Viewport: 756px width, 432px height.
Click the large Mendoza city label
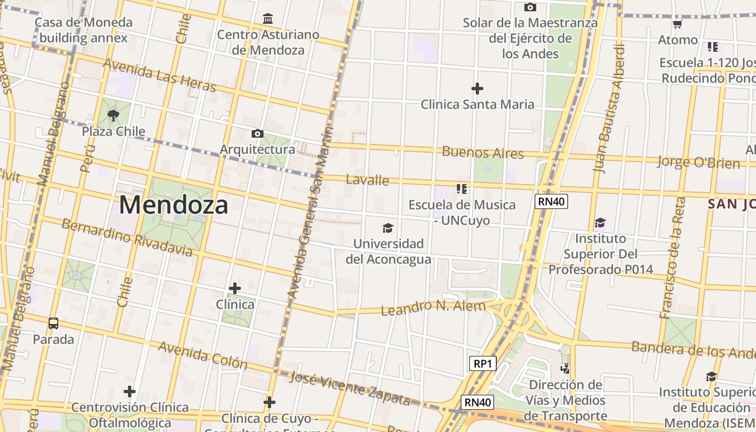pos(173,205)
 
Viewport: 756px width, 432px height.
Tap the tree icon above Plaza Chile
pos(113,115)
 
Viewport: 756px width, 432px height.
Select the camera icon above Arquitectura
pos(258,133)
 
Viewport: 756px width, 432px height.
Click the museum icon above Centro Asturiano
pos(268,19)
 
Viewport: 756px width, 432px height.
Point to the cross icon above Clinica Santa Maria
pos(477,88)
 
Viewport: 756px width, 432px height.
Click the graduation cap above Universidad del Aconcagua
pos(388,228)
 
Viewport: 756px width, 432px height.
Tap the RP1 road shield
pos(482,363)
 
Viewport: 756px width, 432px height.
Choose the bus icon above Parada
pos(53,323)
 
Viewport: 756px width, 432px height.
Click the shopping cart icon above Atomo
pos(678,24)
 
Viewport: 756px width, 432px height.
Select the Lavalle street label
pos(367,180)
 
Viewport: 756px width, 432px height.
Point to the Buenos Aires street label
pos(483,153)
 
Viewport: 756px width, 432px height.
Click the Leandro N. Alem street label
pos(434,307)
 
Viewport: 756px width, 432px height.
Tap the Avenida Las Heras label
pos(159,76)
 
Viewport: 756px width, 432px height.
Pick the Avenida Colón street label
pos(202,355)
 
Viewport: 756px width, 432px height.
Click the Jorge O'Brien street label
pos(698,162)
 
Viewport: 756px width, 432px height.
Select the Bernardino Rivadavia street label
pos(126,238)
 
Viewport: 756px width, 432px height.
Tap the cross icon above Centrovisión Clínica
pos(130,391)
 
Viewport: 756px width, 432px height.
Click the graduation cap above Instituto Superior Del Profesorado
pos(600,222)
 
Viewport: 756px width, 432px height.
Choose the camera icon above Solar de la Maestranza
pos(530,7)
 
